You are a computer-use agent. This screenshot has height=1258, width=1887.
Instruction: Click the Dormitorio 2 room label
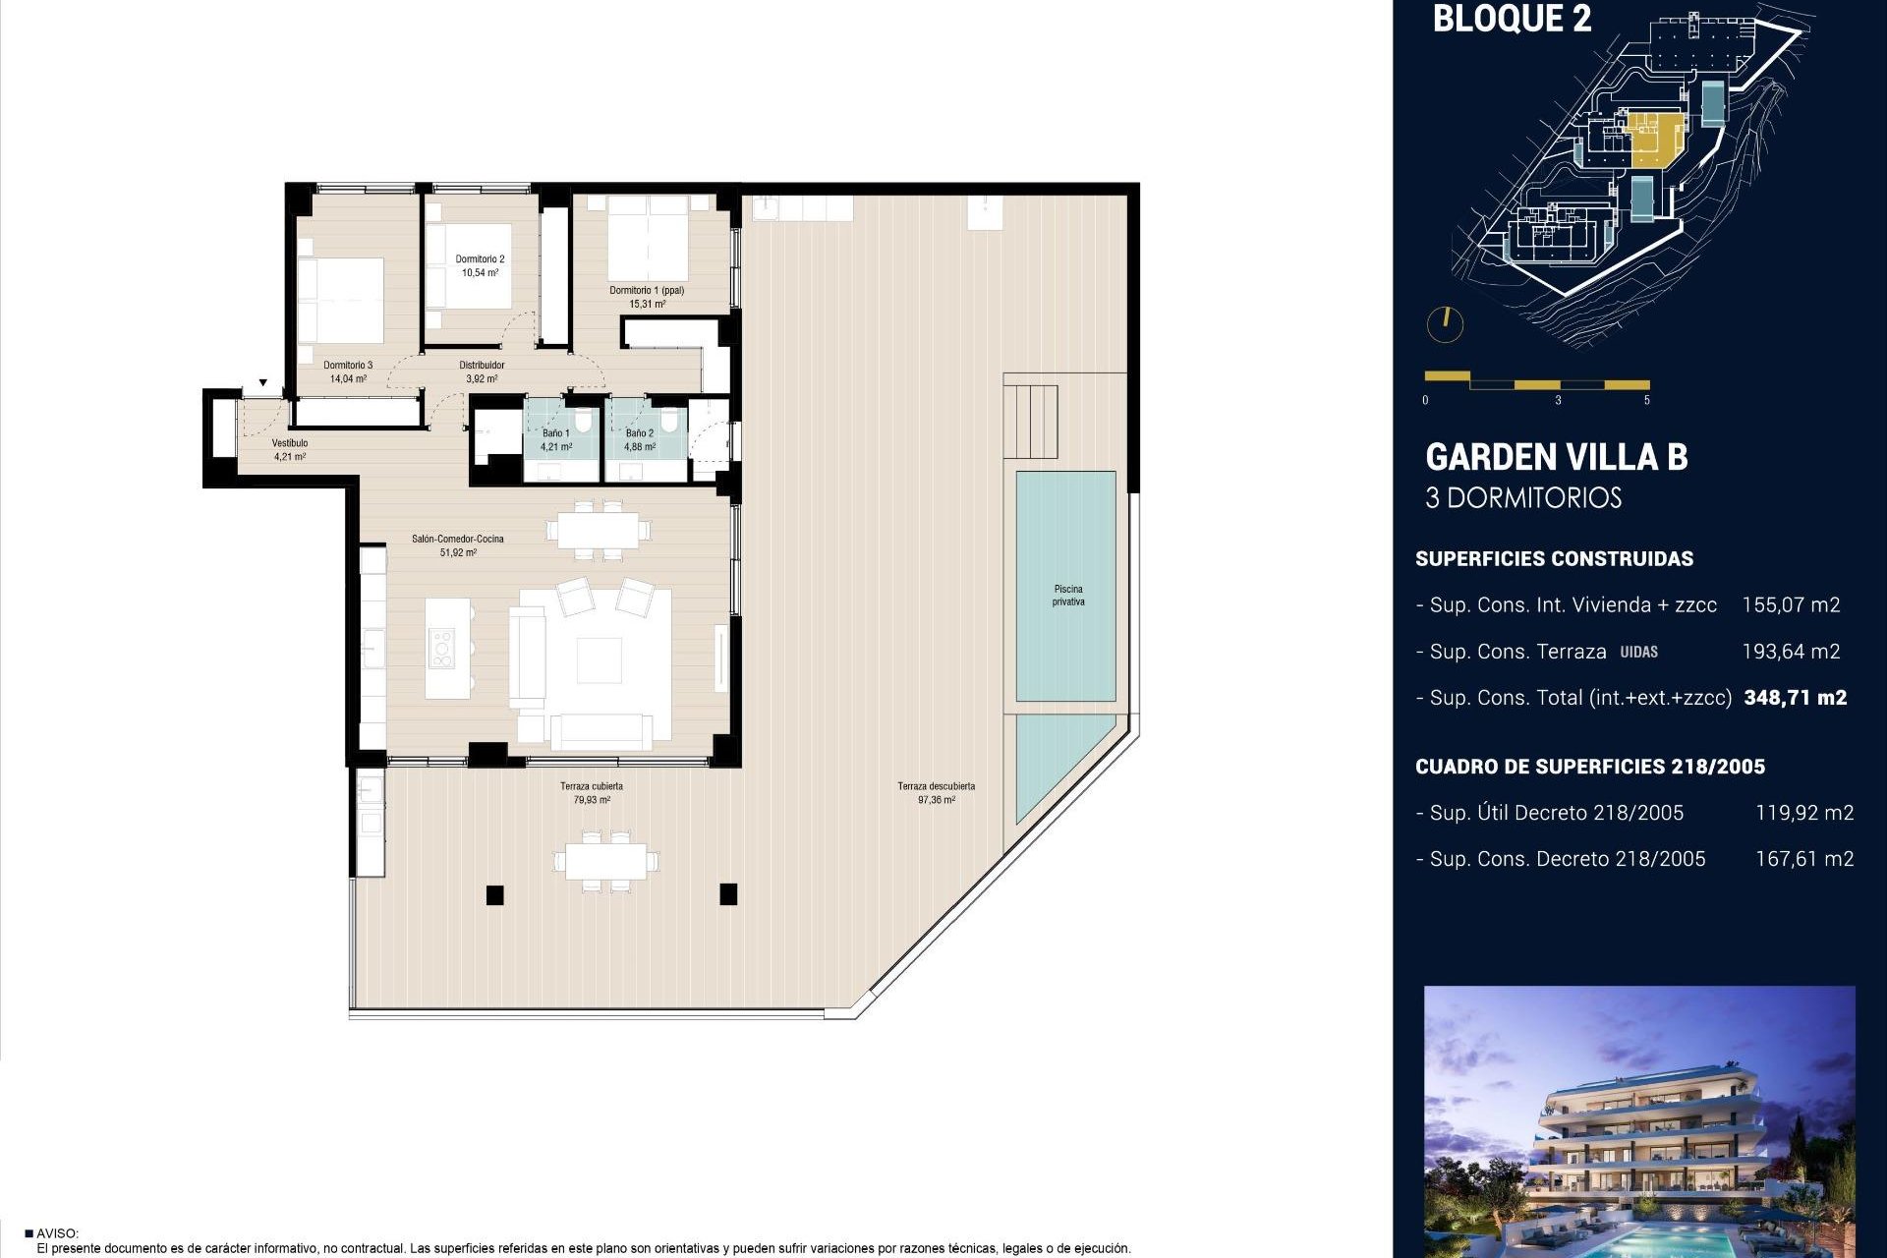coord(480,259)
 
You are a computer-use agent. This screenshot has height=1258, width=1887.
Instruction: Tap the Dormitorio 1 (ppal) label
coord(646,291)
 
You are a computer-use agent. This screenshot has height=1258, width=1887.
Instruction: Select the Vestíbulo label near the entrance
coord(290,443)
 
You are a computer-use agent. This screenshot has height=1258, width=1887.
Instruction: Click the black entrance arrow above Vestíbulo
coord(262,383)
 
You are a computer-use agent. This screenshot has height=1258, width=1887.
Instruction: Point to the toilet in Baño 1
coord(584,423)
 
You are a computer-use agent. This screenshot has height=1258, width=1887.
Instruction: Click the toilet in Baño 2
coord(669,423)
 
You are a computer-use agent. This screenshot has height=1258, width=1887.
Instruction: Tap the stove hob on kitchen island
coord(441,650)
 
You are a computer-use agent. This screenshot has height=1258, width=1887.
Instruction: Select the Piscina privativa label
coord(1067,596)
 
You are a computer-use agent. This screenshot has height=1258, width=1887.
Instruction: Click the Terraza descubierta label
coord(936,786)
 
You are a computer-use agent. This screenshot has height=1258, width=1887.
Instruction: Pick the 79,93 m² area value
coord(592,800)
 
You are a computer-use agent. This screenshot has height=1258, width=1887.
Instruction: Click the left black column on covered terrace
coord(495,894)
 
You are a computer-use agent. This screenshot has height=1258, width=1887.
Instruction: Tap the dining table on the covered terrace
coord(605,861)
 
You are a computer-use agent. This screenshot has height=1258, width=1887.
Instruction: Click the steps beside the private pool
coord(1030,422)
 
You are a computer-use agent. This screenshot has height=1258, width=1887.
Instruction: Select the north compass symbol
coord(1445,324)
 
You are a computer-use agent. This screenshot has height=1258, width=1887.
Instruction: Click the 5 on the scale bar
coord(1646,400)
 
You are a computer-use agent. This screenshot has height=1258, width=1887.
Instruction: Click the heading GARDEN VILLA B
coord(1556,457)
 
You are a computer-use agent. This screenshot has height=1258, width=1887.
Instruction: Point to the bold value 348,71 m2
coord(1795,698)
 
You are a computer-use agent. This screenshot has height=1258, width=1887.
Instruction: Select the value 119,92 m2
coord(1803,813)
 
